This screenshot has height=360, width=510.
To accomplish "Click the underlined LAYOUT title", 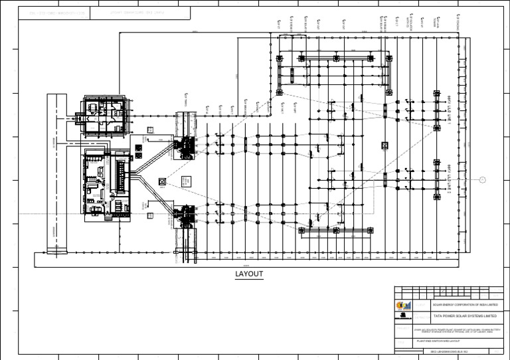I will click(250, 274).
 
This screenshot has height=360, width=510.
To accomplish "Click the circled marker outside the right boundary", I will click(482, 178).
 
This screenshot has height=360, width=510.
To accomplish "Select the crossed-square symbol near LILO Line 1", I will click(384, 145).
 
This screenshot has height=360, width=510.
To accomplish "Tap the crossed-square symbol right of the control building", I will click(162, 181).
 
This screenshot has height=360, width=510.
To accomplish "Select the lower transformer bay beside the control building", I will click(185, 216).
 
